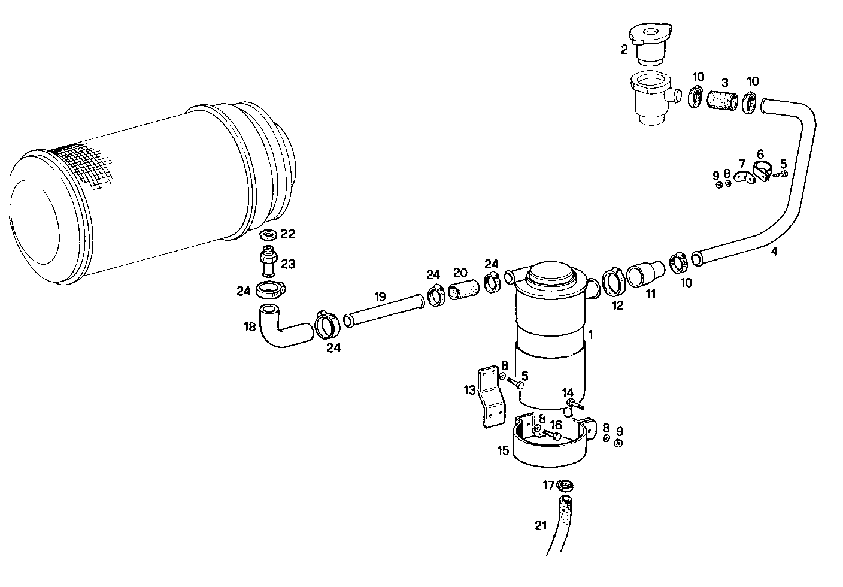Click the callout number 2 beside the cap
coord(624,50)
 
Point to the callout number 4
coord(774,252)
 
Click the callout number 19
coord(380,296)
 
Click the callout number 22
coord(288,234)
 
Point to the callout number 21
coord(541,526)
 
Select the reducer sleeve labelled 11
coord(645,274)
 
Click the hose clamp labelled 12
coord(612,281)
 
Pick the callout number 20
coord(460,272)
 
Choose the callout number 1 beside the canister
coord(591,335)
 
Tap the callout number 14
coord(568,392)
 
